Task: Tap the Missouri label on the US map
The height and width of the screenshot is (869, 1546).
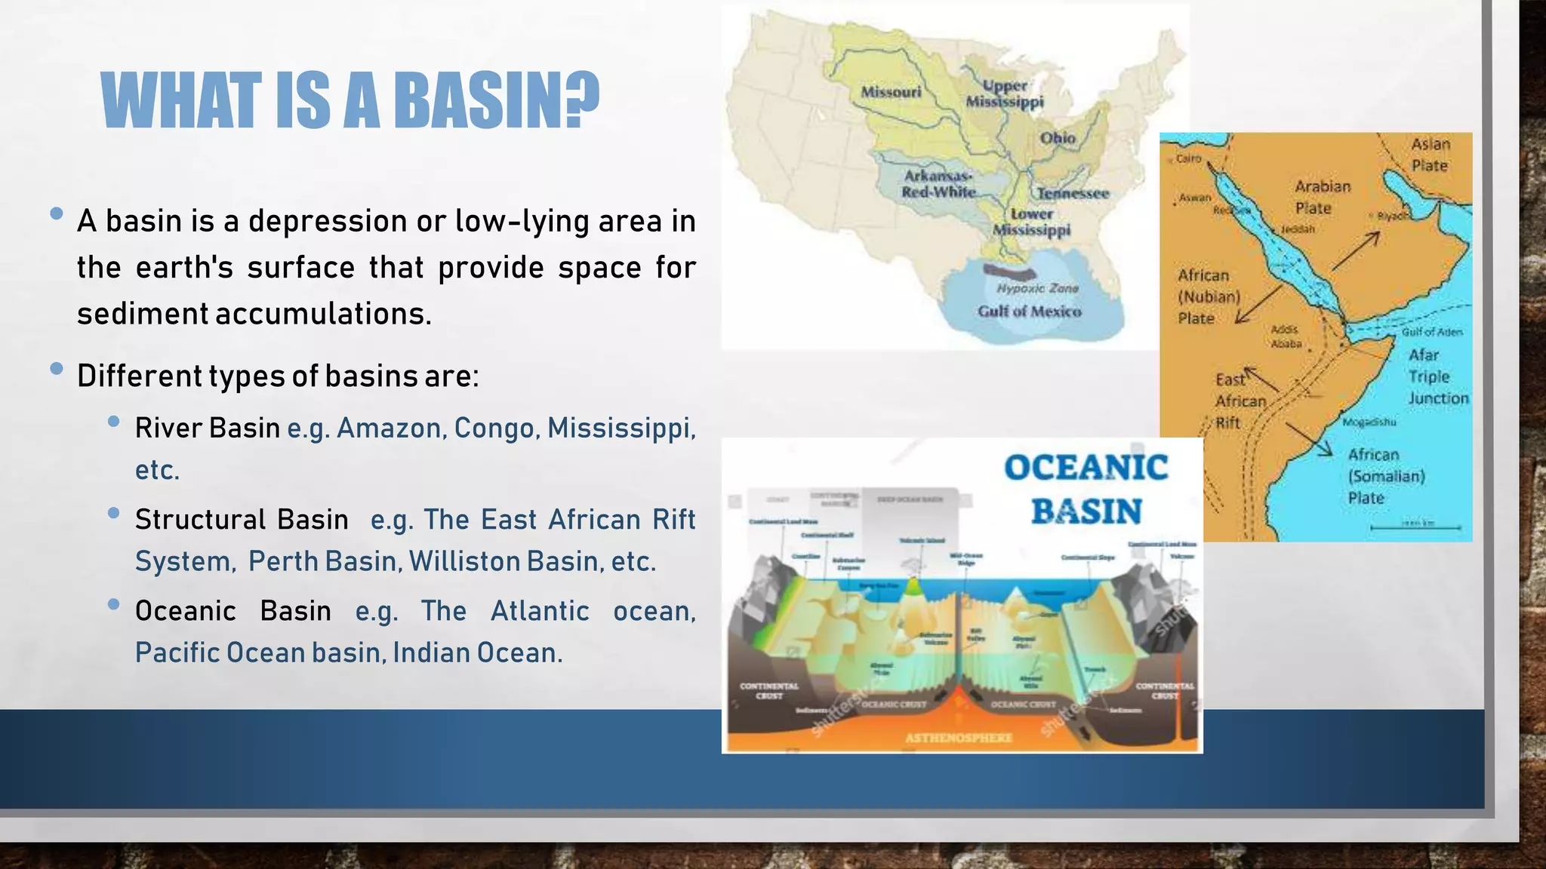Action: (891, 92)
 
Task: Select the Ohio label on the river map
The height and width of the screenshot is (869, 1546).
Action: (1057, 138)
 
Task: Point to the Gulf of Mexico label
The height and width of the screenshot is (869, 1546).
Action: (1029, 312)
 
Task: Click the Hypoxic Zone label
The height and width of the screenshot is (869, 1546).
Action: (1037, 288)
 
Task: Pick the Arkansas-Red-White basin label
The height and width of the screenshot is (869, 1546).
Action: (938, 184)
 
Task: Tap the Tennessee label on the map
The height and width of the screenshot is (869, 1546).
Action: (1072, 193)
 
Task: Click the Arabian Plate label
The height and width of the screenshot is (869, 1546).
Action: (1322, 197)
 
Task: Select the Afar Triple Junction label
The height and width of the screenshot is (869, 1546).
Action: (1437, 376)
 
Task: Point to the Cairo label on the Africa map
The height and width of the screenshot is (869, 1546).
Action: (1188, 158)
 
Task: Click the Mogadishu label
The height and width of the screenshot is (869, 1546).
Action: (1369, 422)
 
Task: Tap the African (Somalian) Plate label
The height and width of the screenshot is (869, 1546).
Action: (1386, 476)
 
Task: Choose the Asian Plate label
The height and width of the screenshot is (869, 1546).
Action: (1430, 155)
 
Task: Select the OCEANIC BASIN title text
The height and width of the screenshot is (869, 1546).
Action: (1086, 489)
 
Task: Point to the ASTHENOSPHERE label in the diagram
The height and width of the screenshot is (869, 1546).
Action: (959, 738)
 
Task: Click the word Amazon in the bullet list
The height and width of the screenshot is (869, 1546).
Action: (389, 428)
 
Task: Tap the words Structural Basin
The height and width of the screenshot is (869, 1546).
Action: (242, 519)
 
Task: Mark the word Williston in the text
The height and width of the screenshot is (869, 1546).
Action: (464, 561)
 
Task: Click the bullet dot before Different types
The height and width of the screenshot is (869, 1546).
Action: (56, 369)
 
